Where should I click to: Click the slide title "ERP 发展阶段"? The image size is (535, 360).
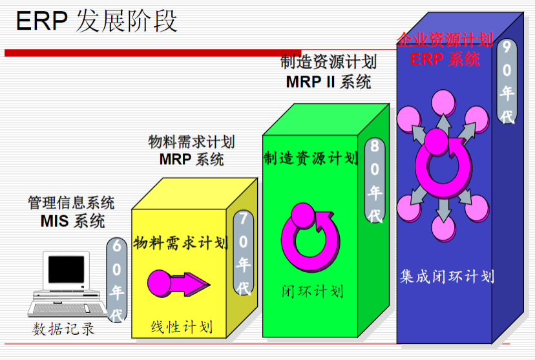pos(96,21)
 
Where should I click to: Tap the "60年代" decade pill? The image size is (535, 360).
pos(117,281)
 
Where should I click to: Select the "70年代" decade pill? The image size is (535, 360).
pos(244,253)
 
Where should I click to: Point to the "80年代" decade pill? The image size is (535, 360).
pos(375,180)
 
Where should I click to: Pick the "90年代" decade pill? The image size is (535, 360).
pos(507,81)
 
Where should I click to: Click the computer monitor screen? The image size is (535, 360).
pos(66,270)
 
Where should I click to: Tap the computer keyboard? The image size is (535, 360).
pos(68,308)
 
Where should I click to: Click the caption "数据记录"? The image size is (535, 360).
pos(63,329)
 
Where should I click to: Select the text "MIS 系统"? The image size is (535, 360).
pos(72,221)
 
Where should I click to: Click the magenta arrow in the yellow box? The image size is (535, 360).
pos(178,284)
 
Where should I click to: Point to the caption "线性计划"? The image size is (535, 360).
pos(182,326)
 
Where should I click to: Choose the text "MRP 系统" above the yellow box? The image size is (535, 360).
pos(191,159)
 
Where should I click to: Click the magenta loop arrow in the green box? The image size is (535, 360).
pos(310,238)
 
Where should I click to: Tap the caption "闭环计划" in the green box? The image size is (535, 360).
pos(313,291)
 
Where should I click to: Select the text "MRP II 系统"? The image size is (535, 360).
pos(329,82)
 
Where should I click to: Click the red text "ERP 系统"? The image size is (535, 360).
pos(445,59)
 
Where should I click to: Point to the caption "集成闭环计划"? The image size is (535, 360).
pos(447,277)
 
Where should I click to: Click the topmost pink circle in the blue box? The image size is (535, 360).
pos(443,102)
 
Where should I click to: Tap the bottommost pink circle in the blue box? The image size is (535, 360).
pos(443,228)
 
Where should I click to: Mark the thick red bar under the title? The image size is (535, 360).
pos(153,53)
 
